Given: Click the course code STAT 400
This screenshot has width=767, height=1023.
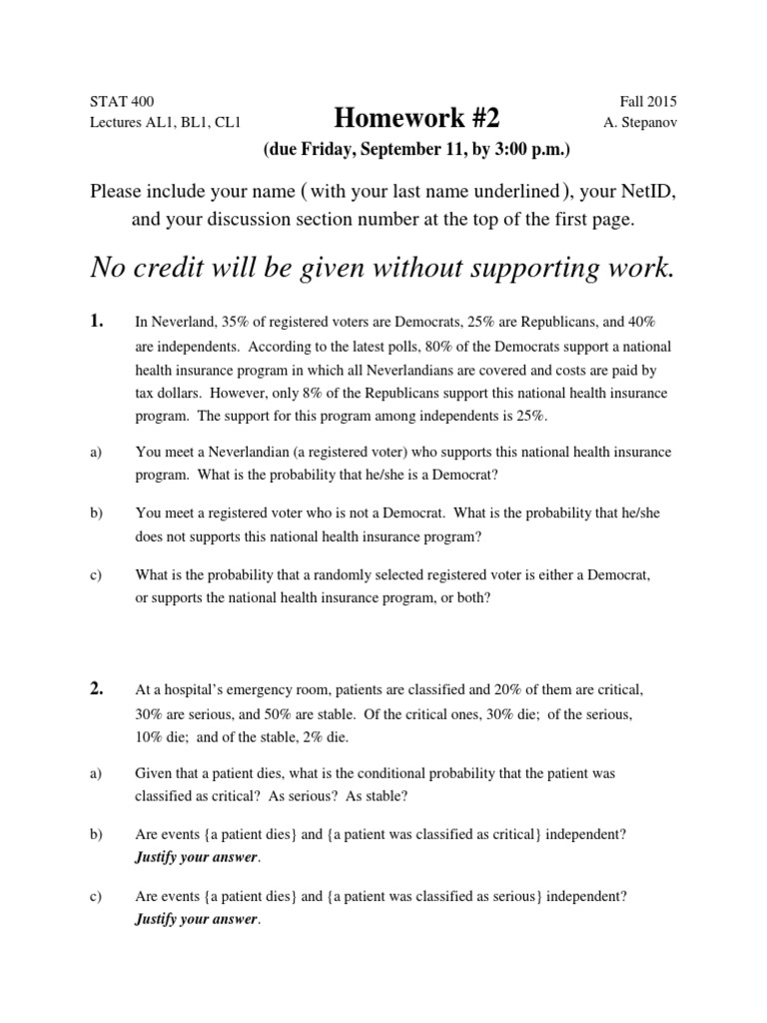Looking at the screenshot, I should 122,102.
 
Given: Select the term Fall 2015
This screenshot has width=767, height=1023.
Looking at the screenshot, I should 648,102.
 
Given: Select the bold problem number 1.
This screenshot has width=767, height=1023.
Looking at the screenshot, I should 96,322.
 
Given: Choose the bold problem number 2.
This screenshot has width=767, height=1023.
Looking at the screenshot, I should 96,689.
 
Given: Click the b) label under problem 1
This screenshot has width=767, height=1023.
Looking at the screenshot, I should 96,512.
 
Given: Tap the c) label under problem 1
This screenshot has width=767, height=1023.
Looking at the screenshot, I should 96,575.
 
